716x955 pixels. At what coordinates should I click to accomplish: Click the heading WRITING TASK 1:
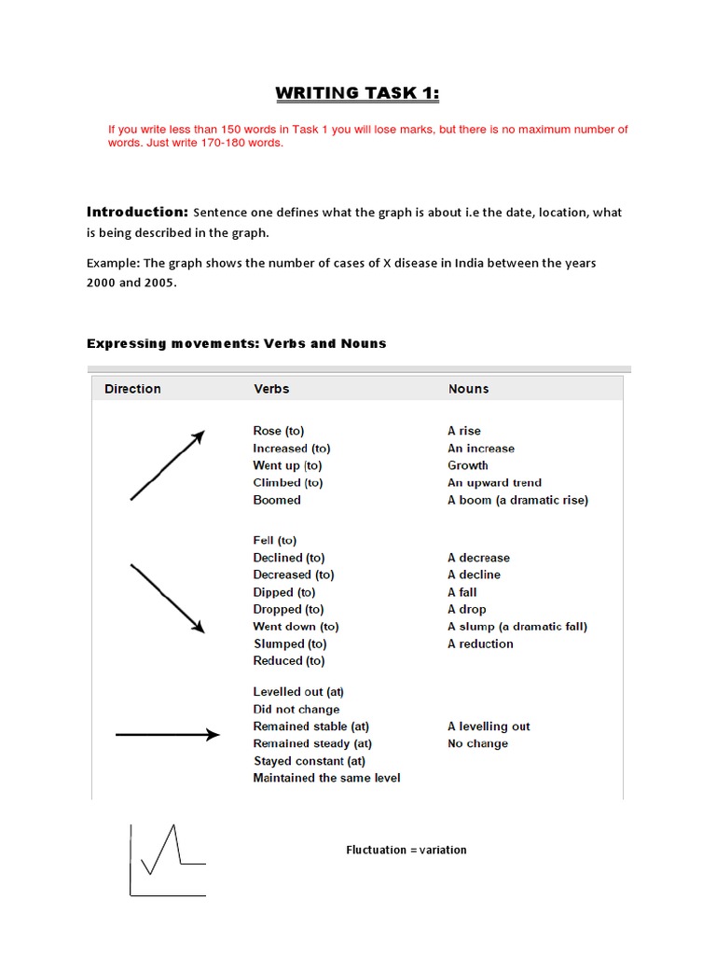tap(357, 92)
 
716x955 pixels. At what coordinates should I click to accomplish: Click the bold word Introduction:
tap(137, 212)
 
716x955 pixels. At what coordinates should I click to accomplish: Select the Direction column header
tap(132, 389)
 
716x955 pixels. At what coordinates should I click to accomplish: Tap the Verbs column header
tap(271, 389)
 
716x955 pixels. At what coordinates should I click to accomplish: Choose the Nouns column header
tap(468, 389)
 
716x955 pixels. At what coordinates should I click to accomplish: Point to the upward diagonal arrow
tap(167, 465)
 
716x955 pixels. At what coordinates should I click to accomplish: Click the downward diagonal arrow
tap(167, 599)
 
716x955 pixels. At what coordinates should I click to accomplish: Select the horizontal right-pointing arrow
tap(167, 735)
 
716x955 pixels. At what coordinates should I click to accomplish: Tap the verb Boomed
tap(277, 500)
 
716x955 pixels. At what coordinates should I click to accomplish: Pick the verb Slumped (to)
tap(290, 644)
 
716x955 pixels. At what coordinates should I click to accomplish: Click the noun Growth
tap(467, 465)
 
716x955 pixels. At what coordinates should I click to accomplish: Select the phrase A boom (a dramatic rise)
tap(517, 500)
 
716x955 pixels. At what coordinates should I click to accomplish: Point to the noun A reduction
tap(480, 644)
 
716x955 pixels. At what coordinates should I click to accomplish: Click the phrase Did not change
tap(296, 709)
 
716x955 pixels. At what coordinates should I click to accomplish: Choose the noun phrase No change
tap(477, 743)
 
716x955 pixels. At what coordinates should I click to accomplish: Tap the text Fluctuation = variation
tap(406, 850)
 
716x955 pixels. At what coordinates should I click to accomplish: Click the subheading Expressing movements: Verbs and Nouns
tap(236, 343)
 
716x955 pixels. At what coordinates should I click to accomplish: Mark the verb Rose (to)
tap(278, 431)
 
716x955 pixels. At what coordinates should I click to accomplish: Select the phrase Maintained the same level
tap(326, 778)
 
